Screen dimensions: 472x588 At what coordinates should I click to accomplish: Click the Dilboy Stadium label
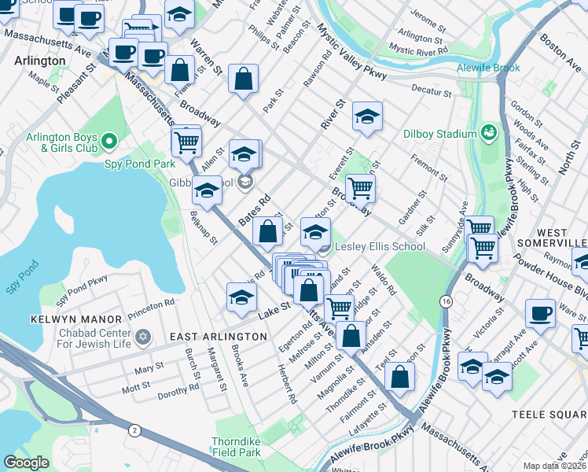440,134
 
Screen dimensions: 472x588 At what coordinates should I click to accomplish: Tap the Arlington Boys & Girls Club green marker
109,142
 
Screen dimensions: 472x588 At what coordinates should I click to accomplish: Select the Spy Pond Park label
139,164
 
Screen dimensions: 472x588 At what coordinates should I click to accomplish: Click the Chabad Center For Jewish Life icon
142,337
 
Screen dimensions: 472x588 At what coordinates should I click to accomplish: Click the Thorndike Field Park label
236,447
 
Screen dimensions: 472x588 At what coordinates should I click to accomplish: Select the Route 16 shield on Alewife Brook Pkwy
446,301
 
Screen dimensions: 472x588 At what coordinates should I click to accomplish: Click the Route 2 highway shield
134,430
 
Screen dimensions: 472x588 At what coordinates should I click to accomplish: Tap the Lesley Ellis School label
380,247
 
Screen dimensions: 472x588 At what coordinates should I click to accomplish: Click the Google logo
26,463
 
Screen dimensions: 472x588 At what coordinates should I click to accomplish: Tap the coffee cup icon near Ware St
540,312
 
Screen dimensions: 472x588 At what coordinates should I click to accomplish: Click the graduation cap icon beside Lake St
241,296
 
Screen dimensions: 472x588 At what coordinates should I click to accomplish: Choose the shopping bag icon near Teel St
400,376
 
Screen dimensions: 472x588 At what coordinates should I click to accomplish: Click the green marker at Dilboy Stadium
489,131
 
